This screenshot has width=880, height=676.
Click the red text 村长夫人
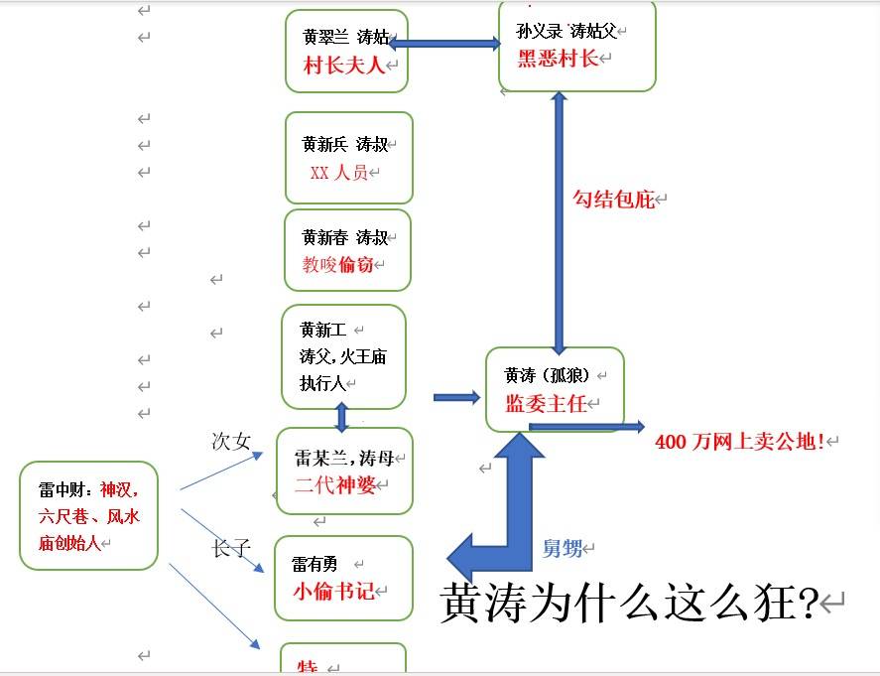(343, 67)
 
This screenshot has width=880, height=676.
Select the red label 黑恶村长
(558, 58)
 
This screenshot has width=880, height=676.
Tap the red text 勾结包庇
(614, 199)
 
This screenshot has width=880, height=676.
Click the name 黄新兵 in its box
(323, 144)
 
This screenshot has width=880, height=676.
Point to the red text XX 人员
(339, 173)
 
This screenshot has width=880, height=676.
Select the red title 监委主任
(547, 404)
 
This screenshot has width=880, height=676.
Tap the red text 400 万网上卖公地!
(740, 441)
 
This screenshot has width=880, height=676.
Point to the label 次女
(231, 442)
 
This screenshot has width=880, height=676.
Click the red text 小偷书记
(333, 592)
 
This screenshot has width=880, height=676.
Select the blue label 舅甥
(562, 548)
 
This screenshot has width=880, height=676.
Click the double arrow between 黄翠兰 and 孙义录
(444, 44)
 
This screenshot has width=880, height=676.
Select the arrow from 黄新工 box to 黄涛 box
(456, 397)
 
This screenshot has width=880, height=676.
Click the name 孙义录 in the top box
(539, 30)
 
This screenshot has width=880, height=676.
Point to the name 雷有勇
(314, 564)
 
